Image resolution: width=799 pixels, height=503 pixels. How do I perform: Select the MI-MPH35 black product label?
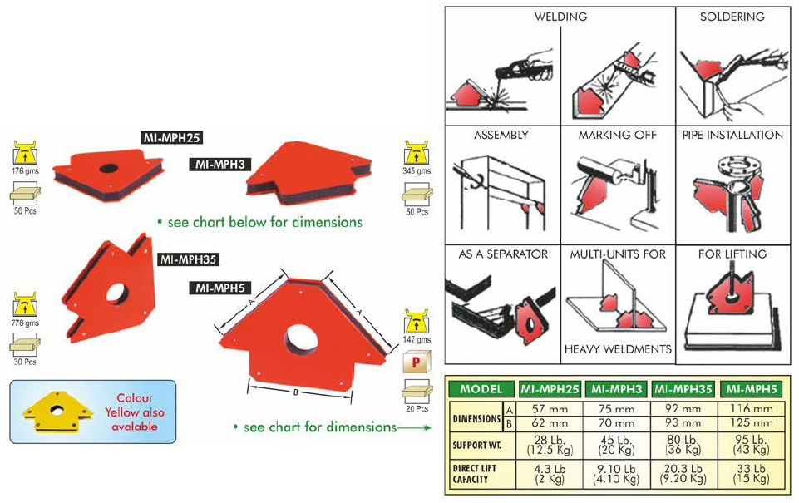187,259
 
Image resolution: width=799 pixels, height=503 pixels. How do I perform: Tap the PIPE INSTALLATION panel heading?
732,135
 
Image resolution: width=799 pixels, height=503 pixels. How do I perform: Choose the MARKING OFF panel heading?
618,135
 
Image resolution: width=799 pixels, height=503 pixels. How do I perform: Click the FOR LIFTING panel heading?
732,254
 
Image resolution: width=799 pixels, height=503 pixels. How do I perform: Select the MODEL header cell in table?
481,388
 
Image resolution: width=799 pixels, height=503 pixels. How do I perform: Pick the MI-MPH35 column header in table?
683,388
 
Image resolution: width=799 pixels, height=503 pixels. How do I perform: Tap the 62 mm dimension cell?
550,423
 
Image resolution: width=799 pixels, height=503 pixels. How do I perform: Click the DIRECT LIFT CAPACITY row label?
475,476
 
